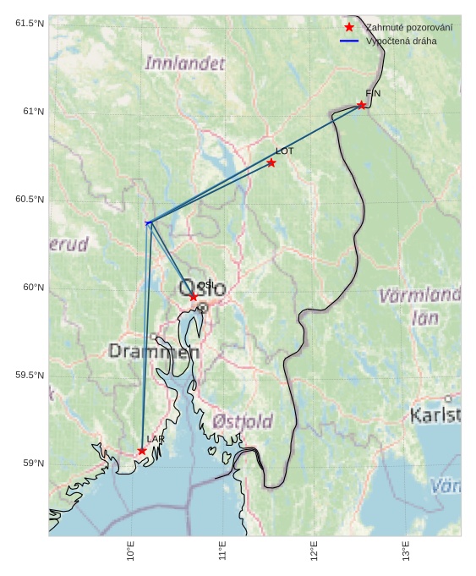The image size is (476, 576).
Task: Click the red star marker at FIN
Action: (361, 105)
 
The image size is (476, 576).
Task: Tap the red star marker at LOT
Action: (271, 162)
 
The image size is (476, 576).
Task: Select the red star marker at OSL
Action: (194, 297)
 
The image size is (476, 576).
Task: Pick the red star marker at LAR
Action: (142, 451)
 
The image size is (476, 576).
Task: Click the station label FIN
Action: (373, 93)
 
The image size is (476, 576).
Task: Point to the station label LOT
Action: (284, 151)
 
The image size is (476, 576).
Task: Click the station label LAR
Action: (156, 439)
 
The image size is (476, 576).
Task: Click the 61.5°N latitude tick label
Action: (30, 23)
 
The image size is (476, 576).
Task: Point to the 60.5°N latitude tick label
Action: (30, 200)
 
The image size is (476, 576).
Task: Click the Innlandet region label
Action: (185, 63)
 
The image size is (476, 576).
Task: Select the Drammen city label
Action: (154, 351)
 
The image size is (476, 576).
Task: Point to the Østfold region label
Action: (243, 421)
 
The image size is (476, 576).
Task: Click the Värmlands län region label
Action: (420, 306)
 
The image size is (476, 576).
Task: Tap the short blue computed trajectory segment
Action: (149, 222)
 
